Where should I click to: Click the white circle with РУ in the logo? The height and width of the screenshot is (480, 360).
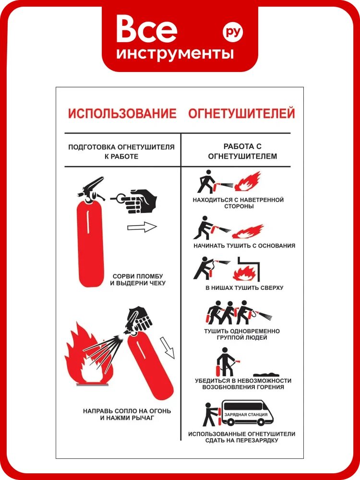pos(233,32)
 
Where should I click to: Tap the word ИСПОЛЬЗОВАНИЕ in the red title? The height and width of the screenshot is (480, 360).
pos(122,113)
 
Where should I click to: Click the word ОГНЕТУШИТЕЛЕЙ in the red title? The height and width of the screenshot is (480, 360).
pos(241,113)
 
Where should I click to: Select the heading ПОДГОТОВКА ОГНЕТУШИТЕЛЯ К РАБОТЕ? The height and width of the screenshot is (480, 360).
pos(121,152)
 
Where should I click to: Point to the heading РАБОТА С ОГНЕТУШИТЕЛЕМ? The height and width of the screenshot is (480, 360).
pos(242,151)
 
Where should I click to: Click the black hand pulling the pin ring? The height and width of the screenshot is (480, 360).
pos(142,201)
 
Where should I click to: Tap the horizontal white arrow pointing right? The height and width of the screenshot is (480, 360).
pos(142,227)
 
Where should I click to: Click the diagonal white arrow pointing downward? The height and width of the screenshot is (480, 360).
pos(167,348)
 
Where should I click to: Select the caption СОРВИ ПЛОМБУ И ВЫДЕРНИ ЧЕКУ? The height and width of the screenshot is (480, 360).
pos(138,279)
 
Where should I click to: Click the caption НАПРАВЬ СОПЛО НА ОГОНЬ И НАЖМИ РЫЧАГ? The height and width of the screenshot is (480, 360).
pos(127,414)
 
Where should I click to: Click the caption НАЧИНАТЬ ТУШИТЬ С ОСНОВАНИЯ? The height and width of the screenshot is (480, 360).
pos(244,245)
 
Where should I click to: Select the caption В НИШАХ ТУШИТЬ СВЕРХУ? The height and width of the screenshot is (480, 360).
pos(244,288)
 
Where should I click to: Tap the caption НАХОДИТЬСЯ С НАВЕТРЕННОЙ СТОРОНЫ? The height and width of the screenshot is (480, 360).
pos(238,203)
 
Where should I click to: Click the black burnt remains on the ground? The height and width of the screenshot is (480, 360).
pos(266,374)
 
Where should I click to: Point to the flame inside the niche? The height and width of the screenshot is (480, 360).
pos(245,273)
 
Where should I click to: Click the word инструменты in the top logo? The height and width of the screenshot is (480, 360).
pos(175,53)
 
